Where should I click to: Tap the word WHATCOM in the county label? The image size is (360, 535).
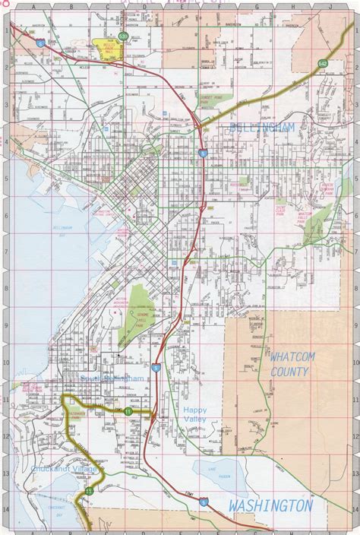point(289,357)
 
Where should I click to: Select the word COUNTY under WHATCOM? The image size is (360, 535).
point(289,372)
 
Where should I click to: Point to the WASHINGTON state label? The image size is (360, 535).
point(270,505)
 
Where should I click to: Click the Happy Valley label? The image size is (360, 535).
point(194,413)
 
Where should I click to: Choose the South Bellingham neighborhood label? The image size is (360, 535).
point(111,378)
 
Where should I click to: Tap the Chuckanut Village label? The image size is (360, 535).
point(65,470)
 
